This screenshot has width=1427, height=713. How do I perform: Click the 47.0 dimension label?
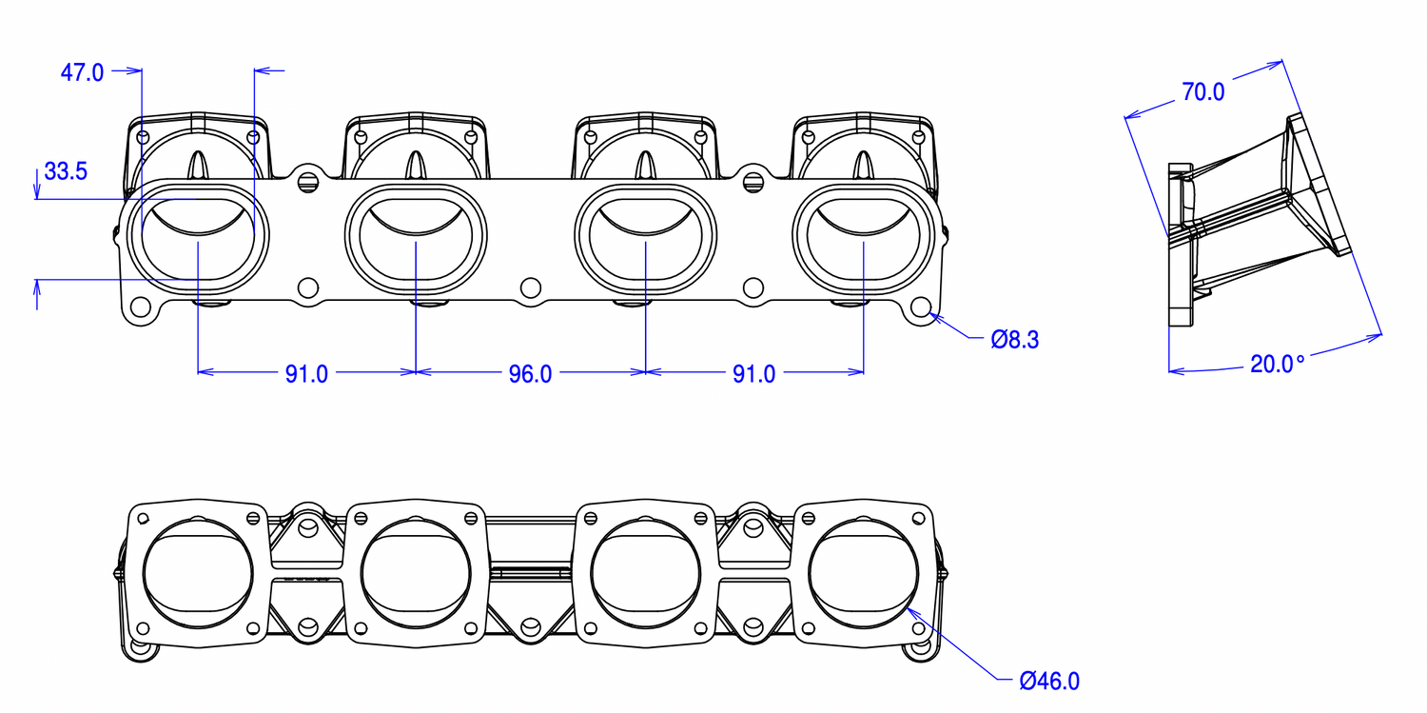click(x=83, y=72)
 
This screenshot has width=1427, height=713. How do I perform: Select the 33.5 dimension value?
click(x=67, y=171)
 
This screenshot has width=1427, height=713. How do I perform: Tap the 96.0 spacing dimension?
click(x=530, y=374)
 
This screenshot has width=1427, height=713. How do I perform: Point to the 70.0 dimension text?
click(x=1203, y=91)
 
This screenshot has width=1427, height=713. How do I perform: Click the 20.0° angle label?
click(x=1277, y=364)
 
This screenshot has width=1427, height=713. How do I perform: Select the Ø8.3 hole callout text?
click(x=1014, y=340)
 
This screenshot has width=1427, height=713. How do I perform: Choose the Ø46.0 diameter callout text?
click(x=1049, y=681)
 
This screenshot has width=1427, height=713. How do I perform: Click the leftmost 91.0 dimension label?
click(x=306, y=374)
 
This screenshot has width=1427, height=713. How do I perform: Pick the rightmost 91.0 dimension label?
click(x=753, y=374)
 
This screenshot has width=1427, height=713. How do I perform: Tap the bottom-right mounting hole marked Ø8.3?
click(x=920, y=307)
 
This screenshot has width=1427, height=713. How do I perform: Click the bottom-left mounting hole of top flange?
click(x=141, y=307)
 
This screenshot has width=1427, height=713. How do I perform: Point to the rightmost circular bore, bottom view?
click(x=864, y=575)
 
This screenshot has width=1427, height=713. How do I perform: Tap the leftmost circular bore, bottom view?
click(x=198, y=575)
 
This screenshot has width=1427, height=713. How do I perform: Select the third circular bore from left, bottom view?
click(x=645, y=575)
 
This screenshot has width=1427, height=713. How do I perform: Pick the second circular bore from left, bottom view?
click(x=416, y=575)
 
